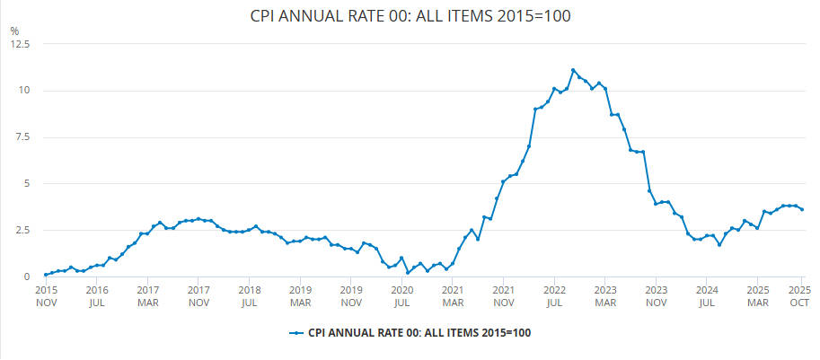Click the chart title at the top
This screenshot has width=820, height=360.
coord(410,15)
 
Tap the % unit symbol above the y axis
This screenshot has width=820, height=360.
coord(14,31)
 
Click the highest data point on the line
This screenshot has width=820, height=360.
coord(573,70)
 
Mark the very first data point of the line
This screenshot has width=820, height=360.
coord(46,275)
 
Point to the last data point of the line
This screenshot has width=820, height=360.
coord(802,210)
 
